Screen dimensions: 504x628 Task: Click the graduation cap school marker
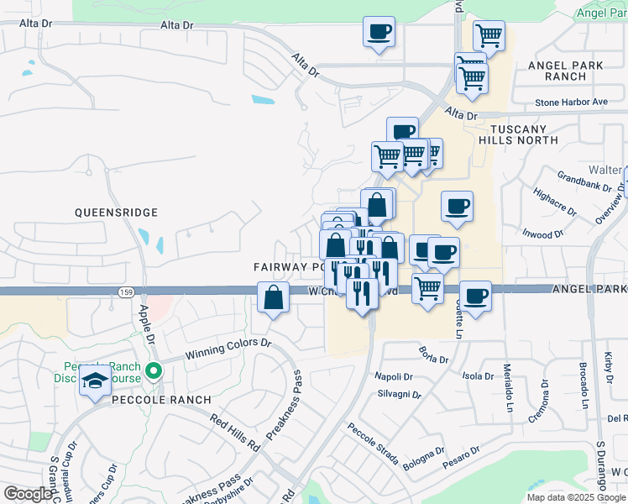point(96,379)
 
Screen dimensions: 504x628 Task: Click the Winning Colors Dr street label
point(229,348)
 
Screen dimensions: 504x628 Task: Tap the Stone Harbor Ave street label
point(571,102)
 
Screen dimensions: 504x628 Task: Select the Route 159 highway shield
point(126,291)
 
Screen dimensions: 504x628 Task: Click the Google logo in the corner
point(28,494)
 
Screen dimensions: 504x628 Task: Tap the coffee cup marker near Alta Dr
point(378,32)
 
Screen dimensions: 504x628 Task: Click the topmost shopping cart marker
point(488,35)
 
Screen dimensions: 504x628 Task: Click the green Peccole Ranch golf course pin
point(153,370)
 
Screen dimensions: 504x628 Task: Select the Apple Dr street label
point(146,320)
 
